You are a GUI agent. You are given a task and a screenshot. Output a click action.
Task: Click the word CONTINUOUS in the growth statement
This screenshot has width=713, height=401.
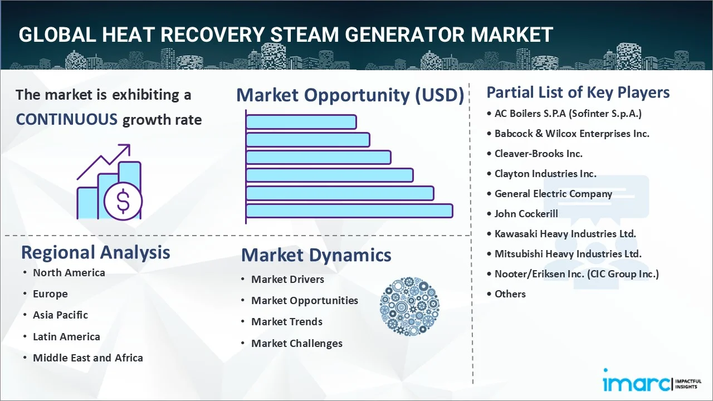(x=66, y=119)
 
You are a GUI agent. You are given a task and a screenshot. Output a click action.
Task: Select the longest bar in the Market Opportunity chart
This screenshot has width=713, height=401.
(x=349, y=211)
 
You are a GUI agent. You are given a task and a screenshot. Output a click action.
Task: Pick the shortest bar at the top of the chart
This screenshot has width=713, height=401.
(x=301, y=122)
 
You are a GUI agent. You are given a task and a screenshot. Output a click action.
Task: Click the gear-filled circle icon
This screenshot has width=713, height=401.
(x=409, y=307)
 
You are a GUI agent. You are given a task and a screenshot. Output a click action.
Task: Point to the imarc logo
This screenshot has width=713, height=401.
(x=635, y=383)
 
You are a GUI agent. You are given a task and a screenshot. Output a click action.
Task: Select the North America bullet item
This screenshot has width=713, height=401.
(x=69, y=273)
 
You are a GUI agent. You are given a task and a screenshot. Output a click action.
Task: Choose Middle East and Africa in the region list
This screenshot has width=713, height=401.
(x=87, y=358)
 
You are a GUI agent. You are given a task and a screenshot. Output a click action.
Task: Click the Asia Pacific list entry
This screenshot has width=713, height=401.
(x=60, y=315)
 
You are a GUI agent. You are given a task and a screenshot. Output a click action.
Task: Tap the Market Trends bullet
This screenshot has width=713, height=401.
(x=286, y=322)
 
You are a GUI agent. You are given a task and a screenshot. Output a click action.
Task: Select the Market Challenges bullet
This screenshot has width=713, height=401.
(x=296, y=344)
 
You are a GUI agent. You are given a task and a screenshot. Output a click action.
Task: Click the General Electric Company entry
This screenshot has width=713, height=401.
(x=553, y=194)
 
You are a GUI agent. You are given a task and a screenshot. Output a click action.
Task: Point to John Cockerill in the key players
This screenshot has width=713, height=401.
(x=526, y=214)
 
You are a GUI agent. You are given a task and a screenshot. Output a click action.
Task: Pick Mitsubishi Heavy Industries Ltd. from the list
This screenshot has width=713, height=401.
(x=568, y=254)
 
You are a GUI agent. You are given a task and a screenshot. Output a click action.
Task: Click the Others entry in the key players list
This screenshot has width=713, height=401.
(x=510, y=294)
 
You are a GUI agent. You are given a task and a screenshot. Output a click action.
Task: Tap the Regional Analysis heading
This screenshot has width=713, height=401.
(x=95, y=252)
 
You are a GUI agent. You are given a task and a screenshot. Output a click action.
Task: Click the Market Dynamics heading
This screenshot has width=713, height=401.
(x=316, y=255)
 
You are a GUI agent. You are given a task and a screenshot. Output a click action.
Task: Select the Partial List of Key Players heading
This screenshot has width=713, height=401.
(x=578, y=92)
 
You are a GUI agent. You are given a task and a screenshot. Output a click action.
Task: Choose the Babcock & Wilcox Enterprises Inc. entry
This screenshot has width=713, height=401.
(x=572, y=134)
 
